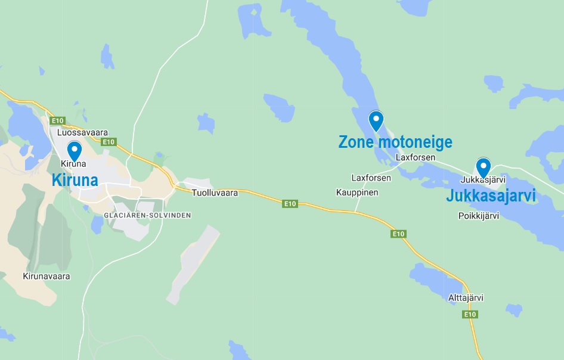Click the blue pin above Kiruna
(x=75, y=150)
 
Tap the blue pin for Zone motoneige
(x=376, y=120)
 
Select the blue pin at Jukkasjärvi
(x=483, y=166)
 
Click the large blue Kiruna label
(x=75, y=179)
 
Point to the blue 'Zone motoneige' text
(x=395, y=142)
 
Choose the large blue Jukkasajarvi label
(x=491, y=196)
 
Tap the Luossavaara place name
(x=82, y=132)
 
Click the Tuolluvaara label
(x=215, y=193)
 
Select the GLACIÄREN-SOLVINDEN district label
(x=147, y=215)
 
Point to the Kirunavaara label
(x=47, y=277)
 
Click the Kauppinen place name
(x=357, y=193)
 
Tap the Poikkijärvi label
(x=478, y=216)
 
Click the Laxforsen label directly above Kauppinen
(x=371, y=178)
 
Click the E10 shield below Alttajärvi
(x=470, y=314)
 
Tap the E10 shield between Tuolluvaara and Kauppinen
(x=290, y=204)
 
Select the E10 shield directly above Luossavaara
(x=57, y=120)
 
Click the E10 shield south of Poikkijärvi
(x=398, y=234)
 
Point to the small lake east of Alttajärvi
(x=514, y=310)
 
